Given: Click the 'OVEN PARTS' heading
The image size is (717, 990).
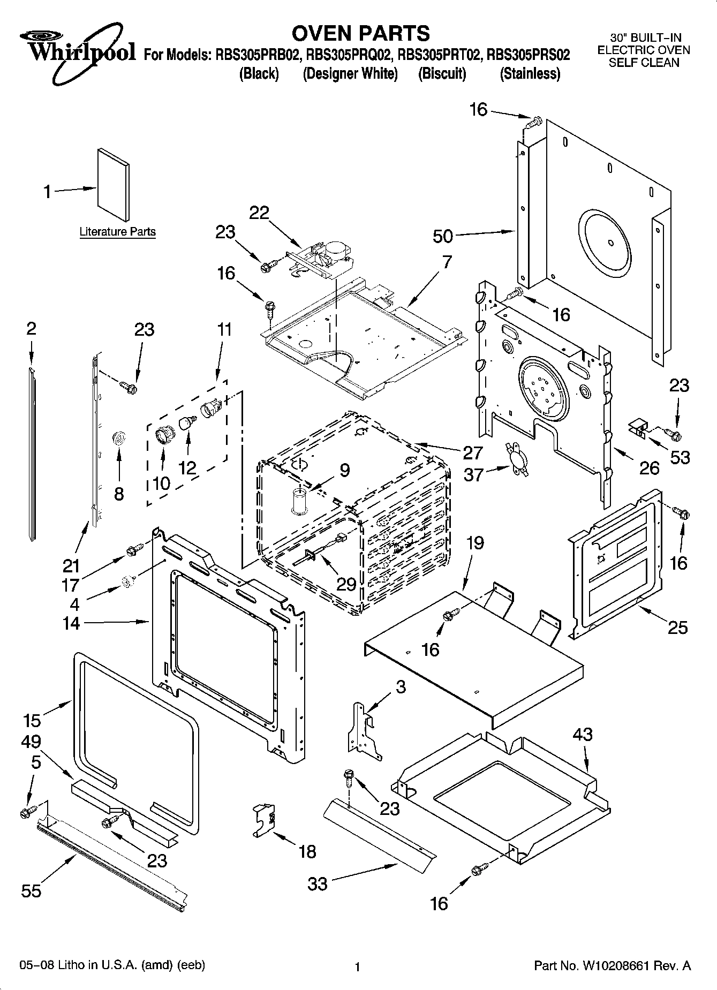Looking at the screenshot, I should pyautogui.click(x=360, y=33).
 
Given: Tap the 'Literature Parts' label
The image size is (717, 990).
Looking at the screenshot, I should pyautogui.click(x=117, y=232).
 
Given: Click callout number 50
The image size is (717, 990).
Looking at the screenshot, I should pyautogui.click(x=442, y=236).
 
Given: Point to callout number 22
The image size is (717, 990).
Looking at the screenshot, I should pyautogui.click(x=259, y=213).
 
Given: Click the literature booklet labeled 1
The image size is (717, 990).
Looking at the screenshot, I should pyautogui.click(x=113, y=185).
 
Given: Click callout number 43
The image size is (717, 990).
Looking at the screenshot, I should pyautogui.click(x=583, y=735).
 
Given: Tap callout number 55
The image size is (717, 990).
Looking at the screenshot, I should pyautogui.click(x=32, y=890).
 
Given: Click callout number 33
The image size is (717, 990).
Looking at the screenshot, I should pyautogui.click(x=318, y=883).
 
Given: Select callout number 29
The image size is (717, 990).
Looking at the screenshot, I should pyautogui.click(x=346, y=584).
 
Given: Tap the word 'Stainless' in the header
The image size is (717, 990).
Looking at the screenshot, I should pyautogui.click(x=530, y=73).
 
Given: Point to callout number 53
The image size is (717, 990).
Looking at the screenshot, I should pyautogui.click(x=680, y=457).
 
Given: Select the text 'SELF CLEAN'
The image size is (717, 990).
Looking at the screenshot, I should pyautogui.click(x=644, y=63).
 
